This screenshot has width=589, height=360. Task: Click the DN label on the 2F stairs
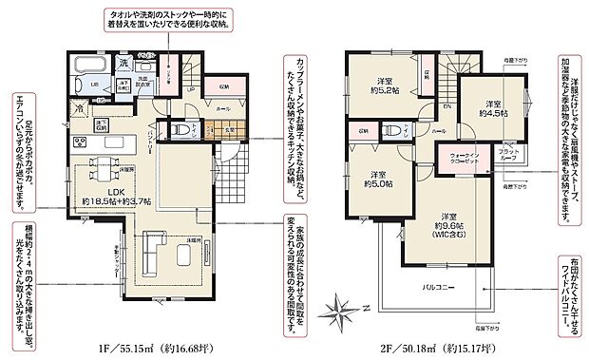(x=445, y=108)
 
